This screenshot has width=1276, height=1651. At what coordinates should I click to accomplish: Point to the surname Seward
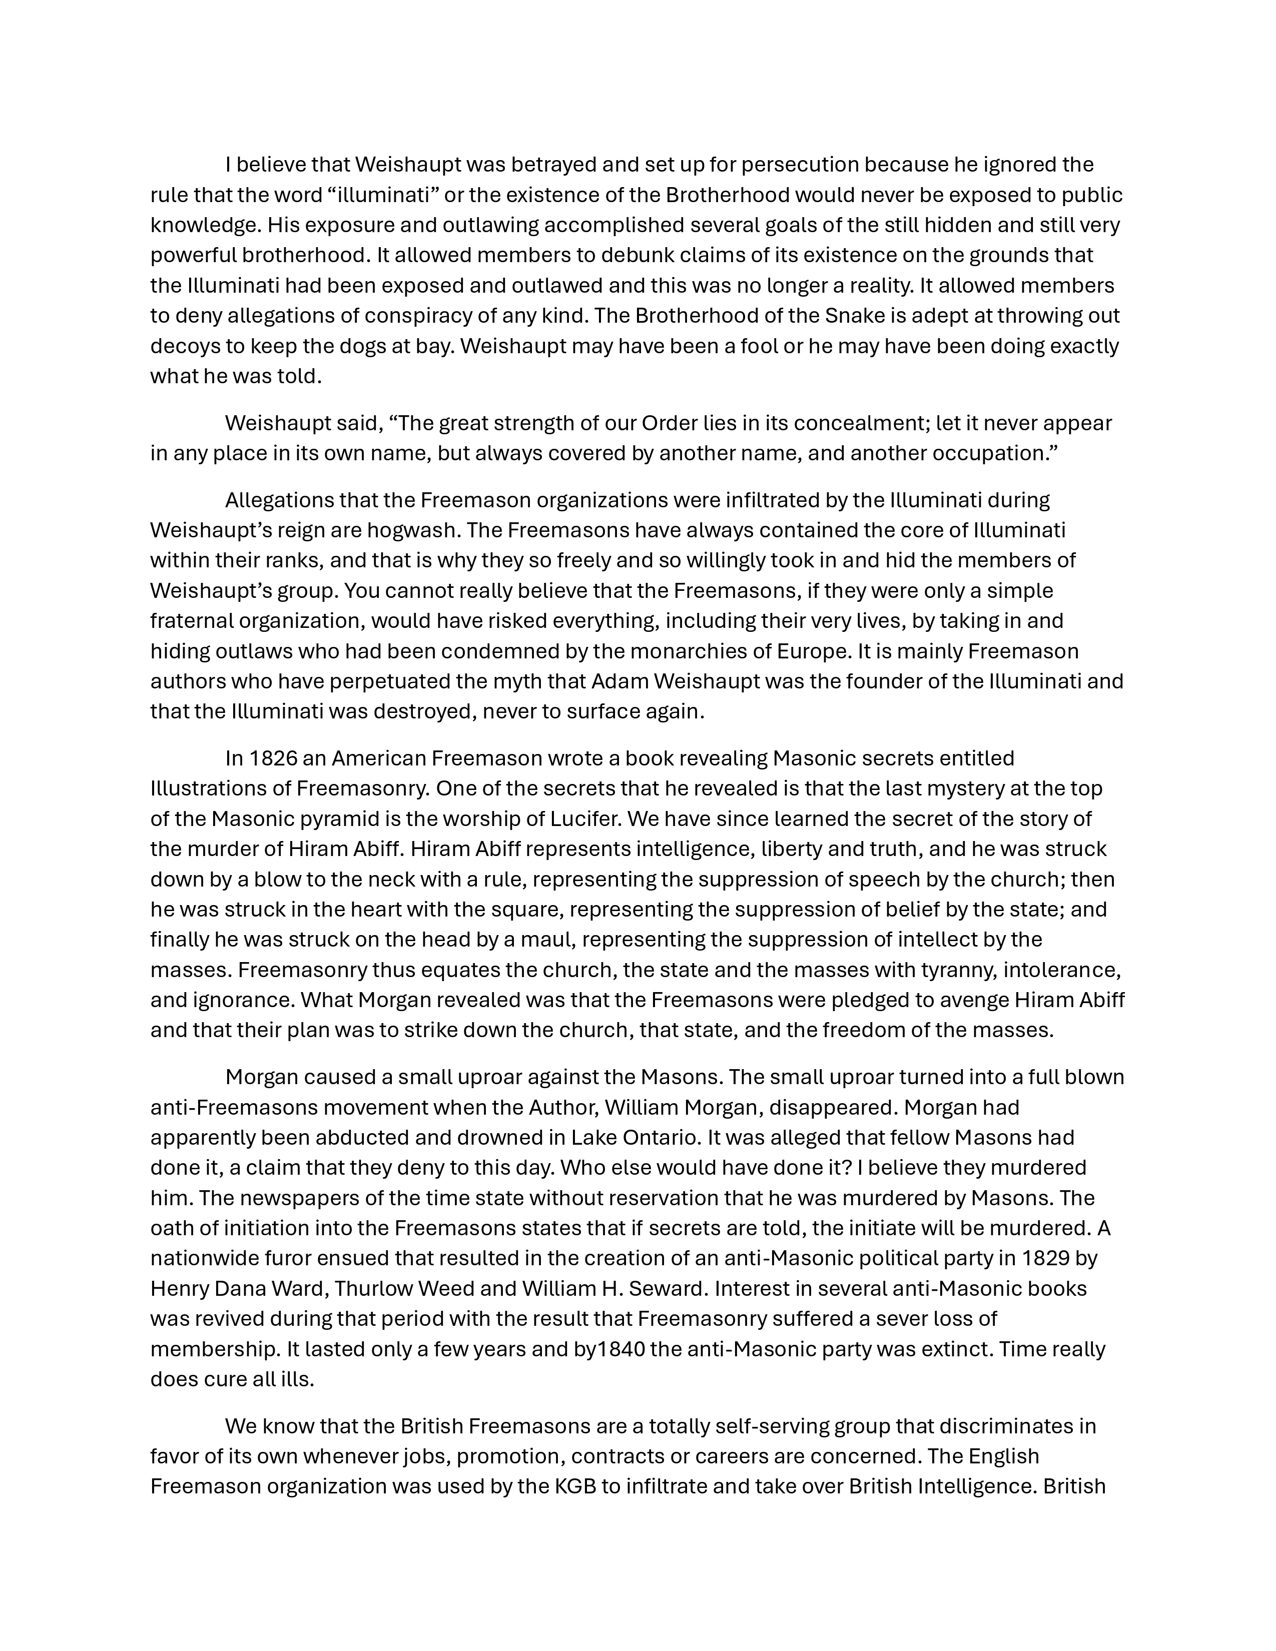[662, 1289]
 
